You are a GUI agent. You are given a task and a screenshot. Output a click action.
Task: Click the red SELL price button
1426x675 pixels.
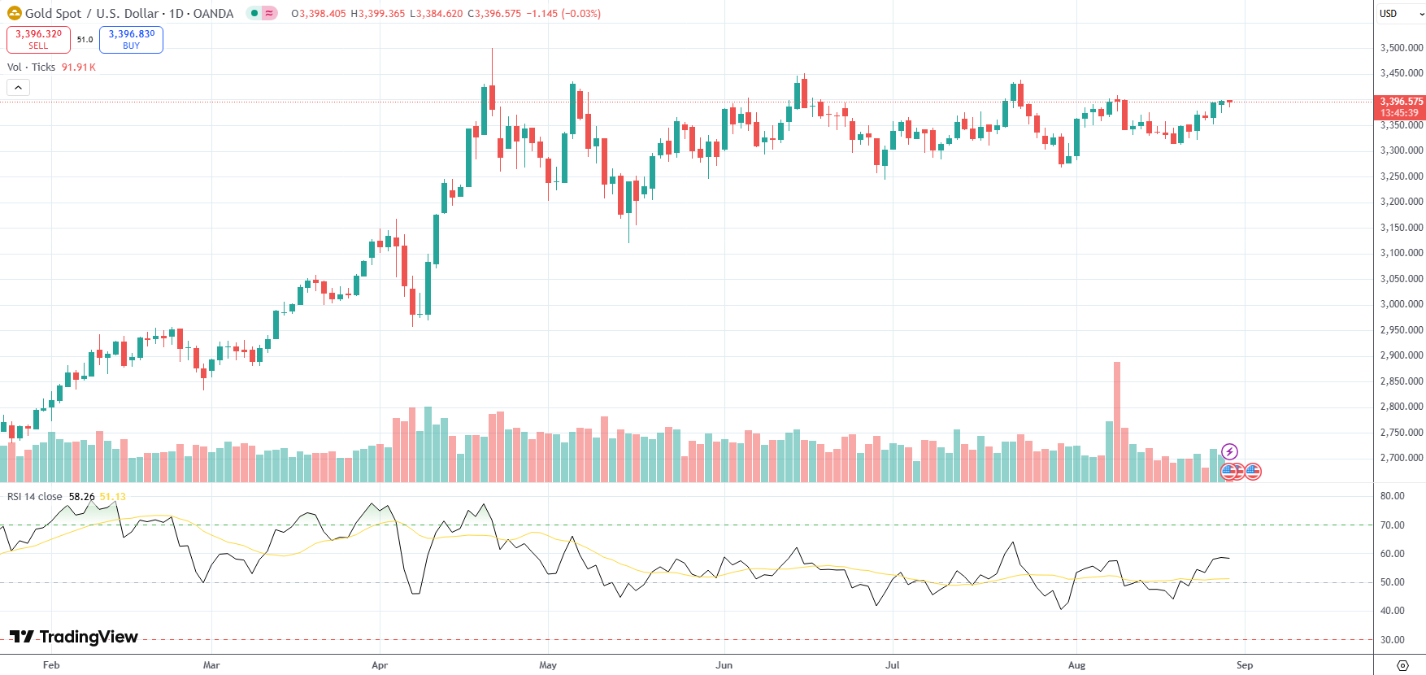[x=38, y=39]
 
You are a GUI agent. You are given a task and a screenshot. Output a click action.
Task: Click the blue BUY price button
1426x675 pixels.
[x=131, y=39]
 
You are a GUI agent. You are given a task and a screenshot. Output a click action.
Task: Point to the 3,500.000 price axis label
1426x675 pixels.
[x=1401, y=48]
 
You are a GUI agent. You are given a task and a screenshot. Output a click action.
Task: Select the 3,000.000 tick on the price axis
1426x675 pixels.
[x=1401, y=304]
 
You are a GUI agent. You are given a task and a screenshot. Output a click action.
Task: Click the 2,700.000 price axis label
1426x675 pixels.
[x=1401, y=458]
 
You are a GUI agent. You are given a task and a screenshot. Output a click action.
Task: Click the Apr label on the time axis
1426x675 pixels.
[x=380, y=665]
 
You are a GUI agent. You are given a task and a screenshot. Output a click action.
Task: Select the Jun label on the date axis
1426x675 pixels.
[x=724, y=665]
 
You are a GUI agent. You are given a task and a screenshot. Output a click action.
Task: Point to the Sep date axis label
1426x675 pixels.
[x=1244, y=665]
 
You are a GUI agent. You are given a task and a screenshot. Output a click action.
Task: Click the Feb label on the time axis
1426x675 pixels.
[x=51, y=665]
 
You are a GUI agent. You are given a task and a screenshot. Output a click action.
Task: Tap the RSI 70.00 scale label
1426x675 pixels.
[x=1392, y=525]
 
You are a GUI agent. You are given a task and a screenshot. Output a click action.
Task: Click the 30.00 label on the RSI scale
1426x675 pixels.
[x=1392, y=640]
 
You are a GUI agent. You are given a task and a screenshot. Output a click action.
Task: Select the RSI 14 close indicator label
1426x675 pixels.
[x=35, y=497]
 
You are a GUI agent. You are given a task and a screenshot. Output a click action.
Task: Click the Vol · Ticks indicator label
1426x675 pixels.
[x=32, y=67]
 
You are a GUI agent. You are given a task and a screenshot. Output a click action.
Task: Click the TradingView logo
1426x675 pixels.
[x=74, y=637]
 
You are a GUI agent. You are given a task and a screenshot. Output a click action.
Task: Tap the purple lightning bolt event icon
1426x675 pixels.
[x=1229, y=451]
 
